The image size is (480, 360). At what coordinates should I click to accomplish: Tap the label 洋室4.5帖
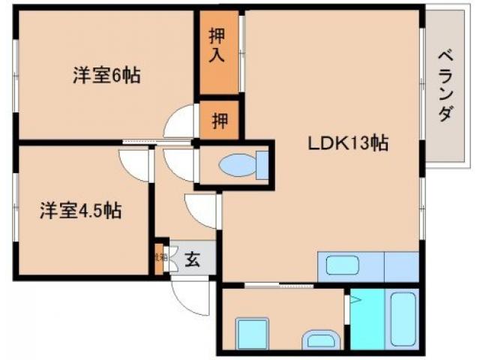tap(80, 211)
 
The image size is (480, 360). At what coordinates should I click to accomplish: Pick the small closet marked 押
tap(219, 120)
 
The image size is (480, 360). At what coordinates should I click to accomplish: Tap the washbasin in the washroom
tap(320, 339)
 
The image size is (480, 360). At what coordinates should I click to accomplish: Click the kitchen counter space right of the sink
tap(400, 266)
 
